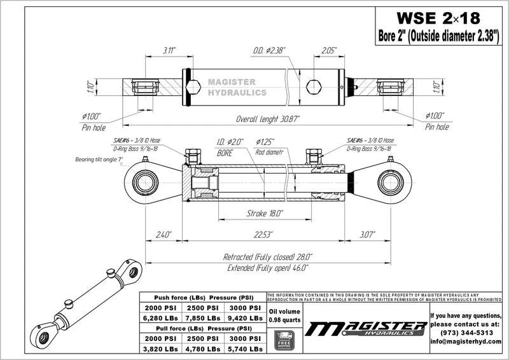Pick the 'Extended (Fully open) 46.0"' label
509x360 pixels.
click(x=267, y=268)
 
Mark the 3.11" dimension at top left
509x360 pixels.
click(x=169, y=50)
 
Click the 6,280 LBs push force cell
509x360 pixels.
click(x=160, y=317)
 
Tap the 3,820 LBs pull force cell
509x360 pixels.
click(x=160, y=349)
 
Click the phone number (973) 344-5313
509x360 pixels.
click(x=466, y=333)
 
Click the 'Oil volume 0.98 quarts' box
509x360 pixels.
click(x=283, y=315)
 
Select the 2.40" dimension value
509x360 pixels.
click(x=164, y=235)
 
